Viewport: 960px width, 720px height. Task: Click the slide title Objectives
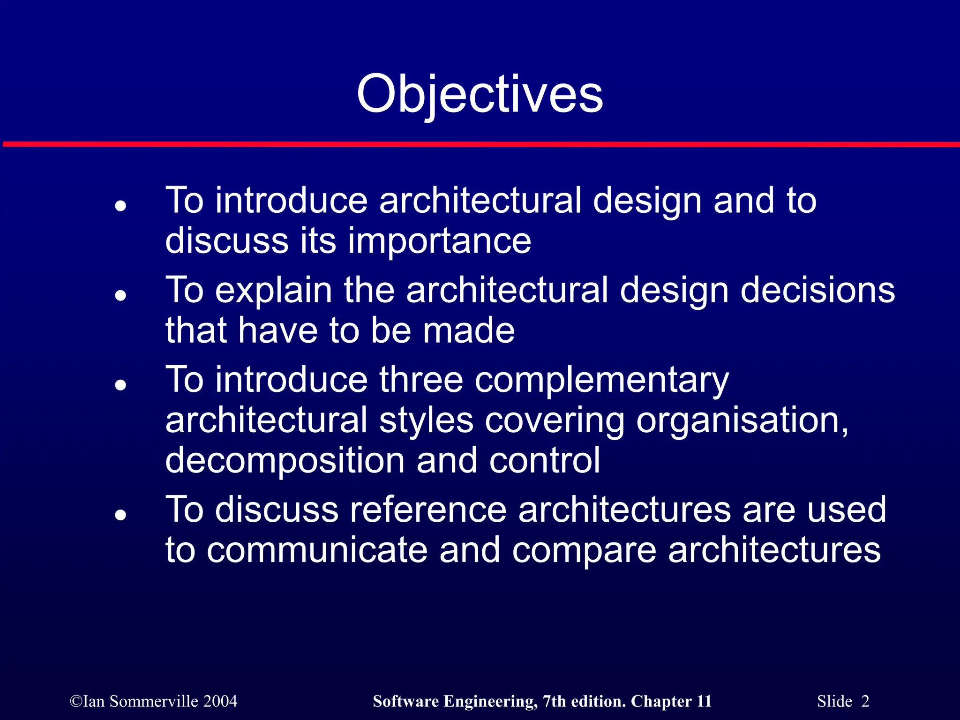pos(480,95)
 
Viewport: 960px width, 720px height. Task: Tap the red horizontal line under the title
pos(480,144)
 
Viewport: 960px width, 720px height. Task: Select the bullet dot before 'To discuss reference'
pos(121,515)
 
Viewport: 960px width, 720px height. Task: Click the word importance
pos(439,241)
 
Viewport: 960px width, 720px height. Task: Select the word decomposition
pos(285,461)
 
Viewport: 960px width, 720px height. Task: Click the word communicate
pos(317,550)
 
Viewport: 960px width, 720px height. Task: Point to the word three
pos(421,380)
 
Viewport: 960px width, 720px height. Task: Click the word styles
pos(426,420)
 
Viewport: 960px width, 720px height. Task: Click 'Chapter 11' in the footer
pos(671,701)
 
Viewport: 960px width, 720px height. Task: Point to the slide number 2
pos(865,701)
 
